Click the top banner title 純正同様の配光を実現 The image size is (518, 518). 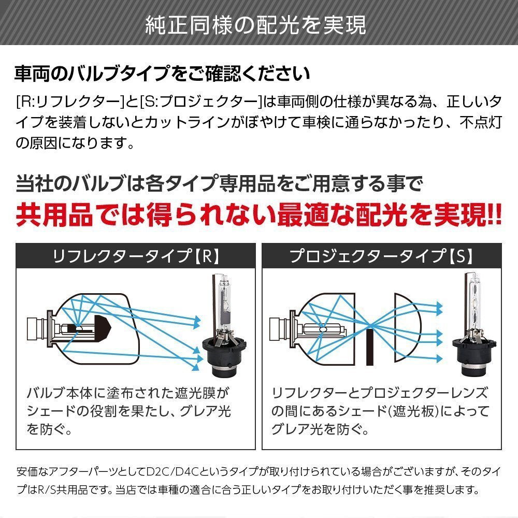(256, 25)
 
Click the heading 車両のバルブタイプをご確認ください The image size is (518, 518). (162, 74)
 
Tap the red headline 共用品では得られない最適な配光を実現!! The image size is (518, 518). (258, 215)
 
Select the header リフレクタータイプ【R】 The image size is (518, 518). (136, 256)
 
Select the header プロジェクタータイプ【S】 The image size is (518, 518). (382, 256)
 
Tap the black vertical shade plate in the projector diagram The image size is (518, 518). (370, 347)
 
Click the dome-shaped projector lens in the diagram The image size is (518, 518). (407, 327)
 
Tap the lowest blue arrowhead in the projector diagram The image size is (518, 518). (439, 358)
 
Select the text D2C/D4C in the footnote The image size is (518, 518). (172, 471)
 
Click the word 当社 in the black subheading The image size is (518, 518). (34, 183)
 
